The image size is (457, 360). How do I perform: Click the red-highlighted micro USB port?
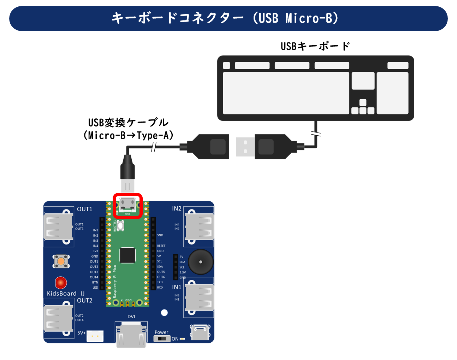(x=127, y=205)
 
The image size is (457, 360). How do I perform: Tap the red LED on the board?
(x=61, y=283)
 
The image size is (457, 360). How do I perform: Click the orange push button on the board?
(x=61, y=261)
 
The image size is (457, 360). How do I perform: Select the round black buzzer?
(x=201, y=262)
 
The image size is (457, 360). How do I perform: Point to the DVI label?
(x=131, y=317)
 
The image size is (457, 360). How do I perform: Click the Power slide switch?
(x=162, y=339)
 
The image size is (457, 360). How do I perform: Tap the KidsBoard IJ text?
(x=66, y=294)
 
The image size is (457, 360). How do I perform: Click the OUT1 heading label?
(x=85, y=209)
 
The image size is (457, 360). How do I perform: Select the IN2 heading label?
(x=177, y=209)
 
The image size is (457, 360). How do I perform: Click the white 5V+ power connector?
(x=95, y=336)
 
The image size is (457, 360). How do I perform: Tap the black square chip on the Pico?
(x=127, y=255)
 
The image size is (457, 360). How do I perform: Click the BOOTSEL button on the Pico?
(x=121, y=225)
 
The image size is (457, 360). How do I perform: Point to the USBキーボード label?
(x=315, y=46)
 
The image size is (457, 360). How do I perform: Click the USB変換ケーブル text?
(x=128, y=123)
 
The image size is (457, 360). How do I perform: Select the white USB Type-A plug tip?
(x=245, y=147)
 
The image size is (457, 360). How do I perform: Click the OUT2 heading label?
(x=85, y=301)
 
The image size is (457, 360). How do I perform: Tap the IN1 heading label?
(x=177, y=287)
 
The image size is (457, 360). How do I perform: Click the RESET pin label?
(x=161, y=246)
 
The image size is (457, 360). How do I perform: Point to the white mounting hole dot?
(x=164, y=313)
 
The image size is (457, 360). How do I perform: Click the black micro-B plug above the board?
(x=127, y=168)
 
